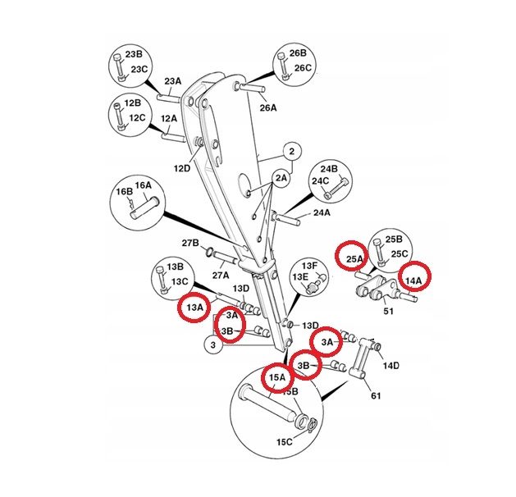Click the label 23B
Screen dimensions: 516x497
pos(134,54)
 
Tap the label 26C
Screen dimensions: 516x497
pos(303,68)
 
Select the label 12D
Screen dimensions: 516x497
pos(182,168)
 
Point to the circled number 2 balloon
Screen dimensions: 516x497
pos(292,152)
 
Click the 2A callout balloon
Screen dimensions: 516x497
pos(281,178)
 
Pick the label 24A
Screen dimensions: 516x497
pos(322,212)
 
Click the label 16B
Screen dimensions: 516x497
pos(124,191)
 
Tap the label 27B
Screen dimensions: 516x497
pos(190,243)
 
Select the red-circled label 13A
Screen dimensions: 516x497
pos(194,308)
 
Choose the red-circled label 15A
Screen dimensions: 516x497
pos(277,377)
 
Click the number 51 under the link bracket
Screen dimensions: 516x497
pos(388,311)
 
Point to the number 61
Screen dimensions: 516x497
pos(376,395)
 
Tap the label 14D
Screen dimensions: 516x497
pos(391,366)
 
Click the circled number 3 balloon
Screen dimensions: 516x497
pos(213,346)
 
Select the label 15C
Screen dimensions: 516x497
pos(285,442)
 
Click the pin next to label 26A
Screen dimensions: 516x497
pos(252,88)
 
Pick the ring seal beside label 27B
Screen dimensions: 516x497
pos(209,253)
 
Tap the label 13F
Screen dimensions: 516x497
pos(309,266)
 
